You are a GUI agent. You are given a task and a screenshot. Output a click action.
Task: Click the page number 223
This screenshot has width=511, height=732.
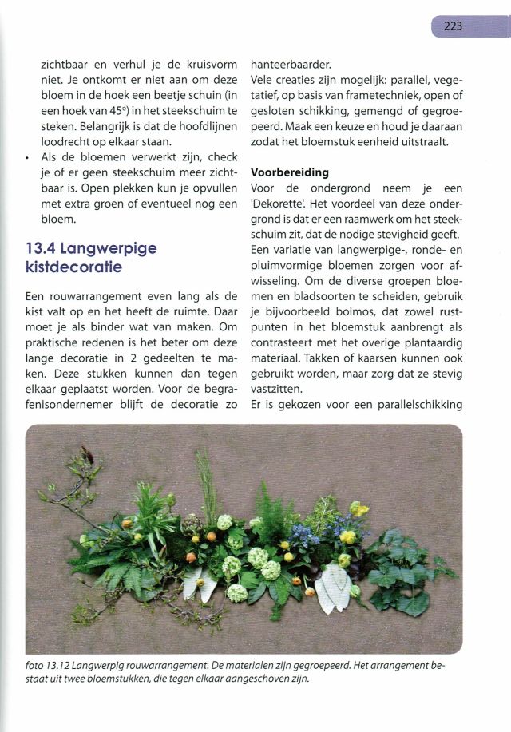point(454,26)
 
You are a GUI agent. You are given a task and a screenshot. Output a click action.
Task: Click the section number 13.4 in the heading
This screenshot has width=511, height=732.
point(44,248)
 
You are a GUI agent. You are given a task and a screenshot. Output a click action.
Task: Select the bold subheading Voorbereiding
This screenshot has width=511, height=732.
point(289,172)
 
